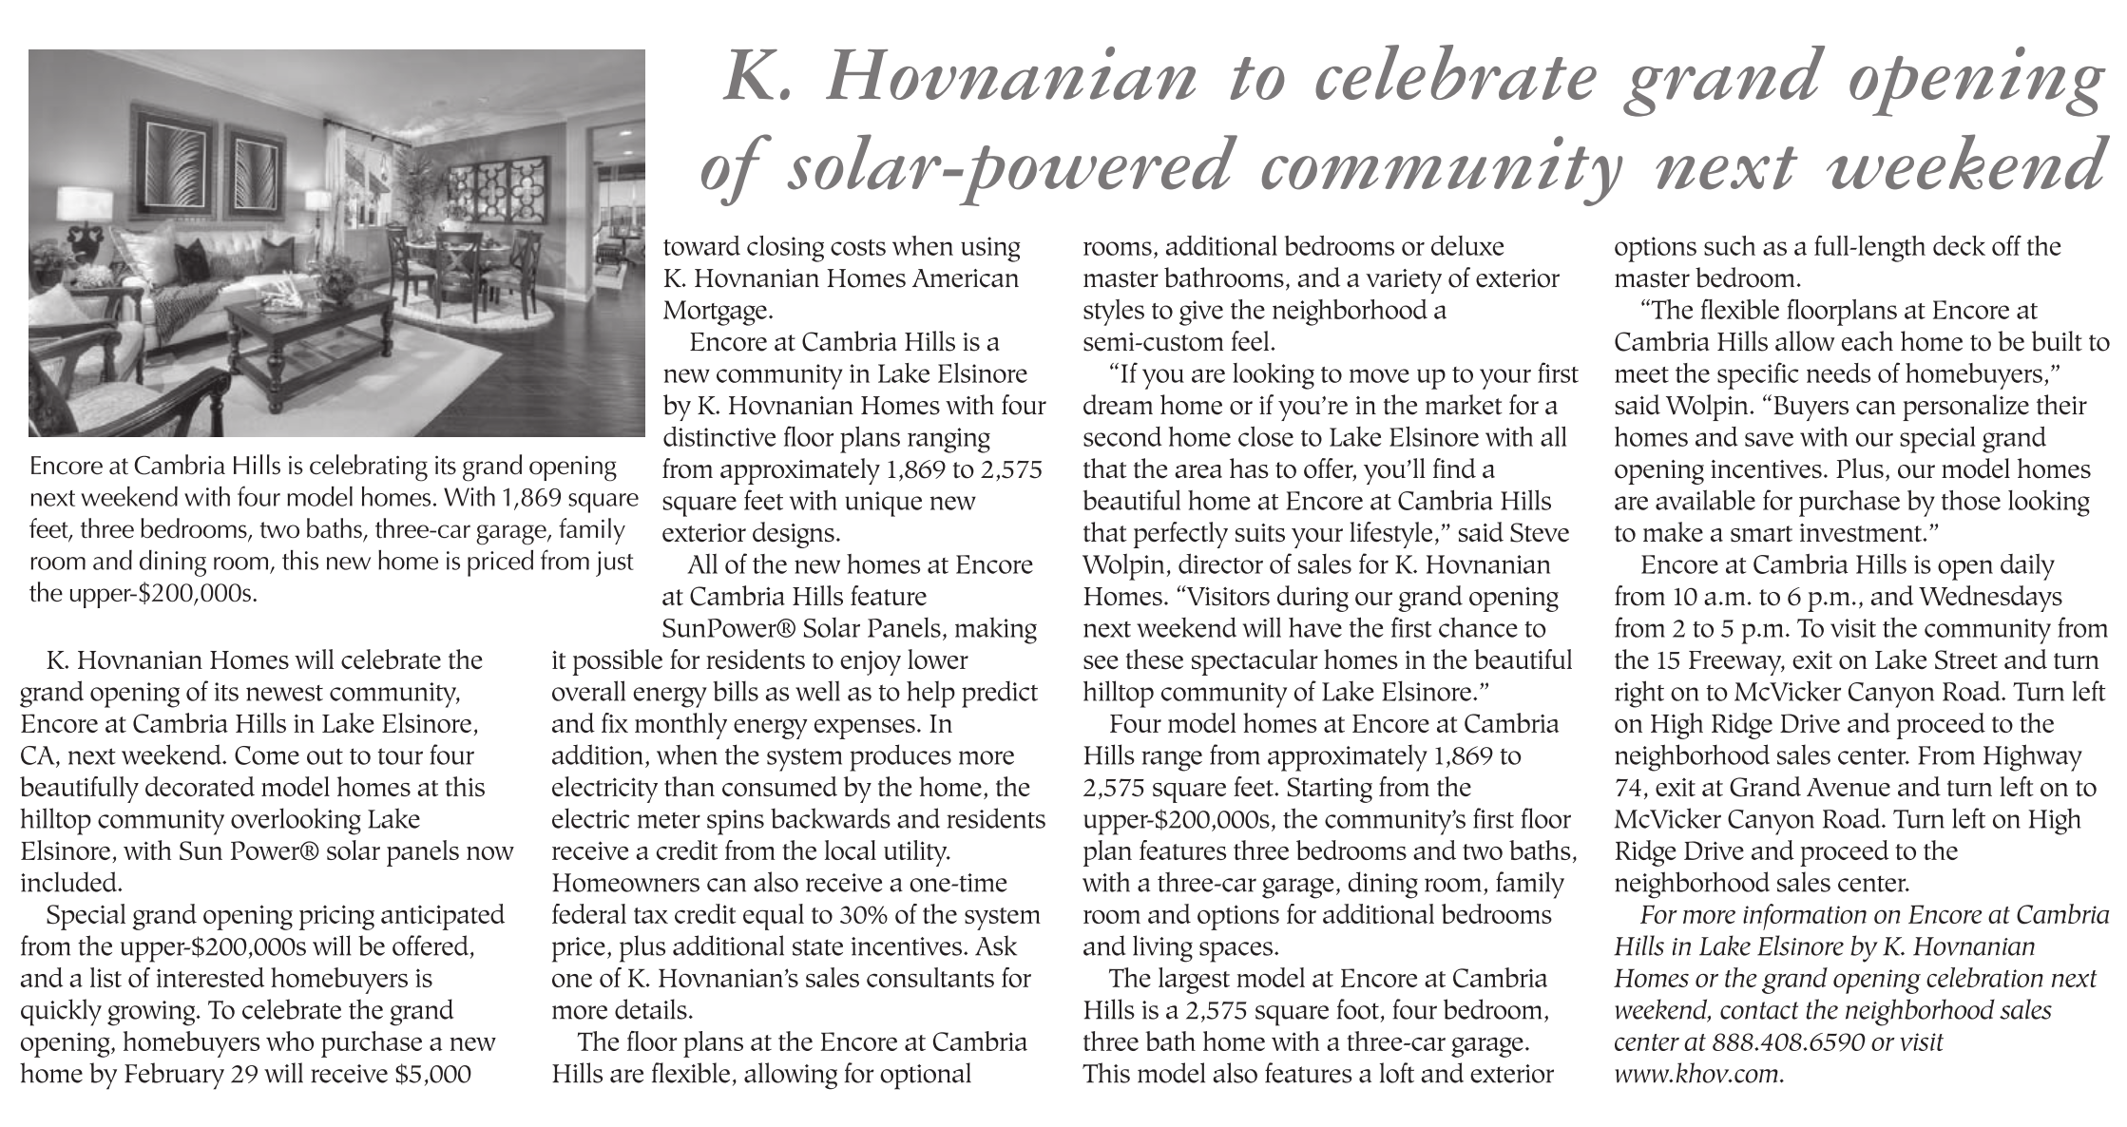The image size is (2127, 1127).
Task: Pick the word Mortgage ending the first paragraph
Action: point(716,311)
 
